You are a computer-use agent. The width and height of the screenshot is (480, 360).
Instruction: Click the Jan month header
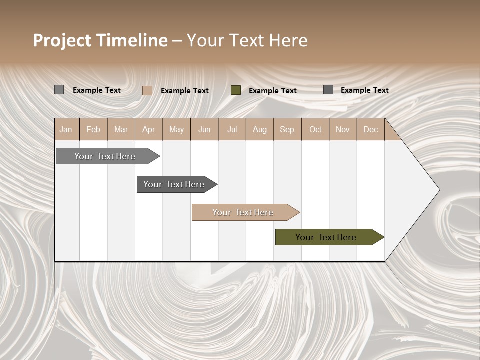click(x=66, y=129)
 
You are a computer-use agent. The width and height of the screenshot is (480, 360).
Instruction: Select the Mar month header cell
click(x=121, y=129)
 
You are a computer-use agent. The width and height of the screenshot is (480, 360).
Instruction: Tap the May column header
click(x=176, y=129)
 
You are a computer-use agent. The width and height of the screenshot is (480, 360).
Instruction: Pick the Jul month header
click(x=232, y=129)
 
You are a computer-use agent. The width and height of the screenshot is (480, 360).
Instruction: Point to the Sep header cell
click(x=287, y=129)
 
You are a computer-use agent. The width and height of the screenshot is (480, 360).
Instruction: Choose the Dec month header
click(x=370, y=129)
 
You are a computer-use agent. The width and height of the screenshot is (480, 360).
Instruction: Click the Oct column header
click(x=315, y=129)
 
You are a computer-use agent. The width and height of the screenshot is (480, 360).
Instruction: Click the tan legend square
click(x=147, y=90)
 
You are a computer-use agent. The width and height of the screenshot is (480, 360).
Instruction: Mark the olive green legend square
click(x=236, y=90)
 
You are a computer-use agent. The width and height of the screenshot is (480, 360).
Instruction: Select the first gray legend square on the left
click(x=59, y=90)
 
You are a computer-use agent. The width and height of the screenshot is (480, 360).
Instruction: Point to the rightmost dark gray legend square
click(x=328, y=90)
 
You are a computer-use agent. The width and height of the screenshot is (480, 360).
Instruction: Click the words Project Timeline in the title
click(x=100, y=40)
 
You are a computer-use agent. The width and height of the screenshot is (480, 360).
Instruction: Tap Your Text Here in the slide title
click(x=247, y=40)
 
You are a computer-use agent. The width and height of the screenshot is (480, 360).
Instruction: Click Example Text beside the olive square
click(x=272, y=91)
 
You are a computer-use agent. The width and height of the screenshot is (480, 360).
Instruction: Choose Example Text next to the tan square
click(x=184, y=91)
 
